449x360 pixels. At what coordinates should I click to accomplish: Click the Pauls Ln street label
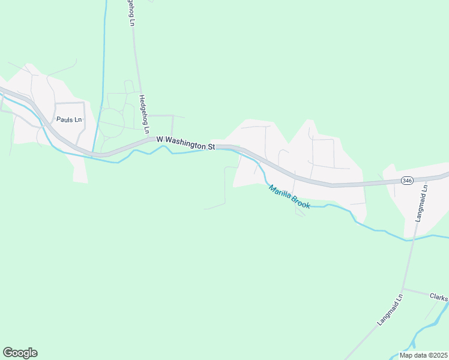click(x=68, y=120)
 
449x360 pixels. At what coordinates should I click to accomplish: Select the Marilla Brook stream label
click(x=289, y=197)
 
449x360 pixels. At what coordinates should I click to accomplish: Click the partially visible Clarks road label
click(x=439, y=297)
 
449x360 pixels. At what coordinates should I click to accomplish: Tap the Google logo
click(x=20, y=353)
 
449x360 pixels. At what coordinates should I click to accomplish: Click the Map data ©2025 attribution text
click(x=423, y=355)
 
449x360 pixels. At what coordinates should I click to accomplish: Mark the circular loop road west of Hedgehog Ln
click(x=110, y=122)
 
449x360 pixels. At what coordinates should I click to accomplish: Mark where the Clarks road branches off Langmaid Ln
click(x=403, y=289)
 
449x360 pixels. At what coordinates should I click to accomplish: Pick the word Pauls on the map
click(x=64, y=120)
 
